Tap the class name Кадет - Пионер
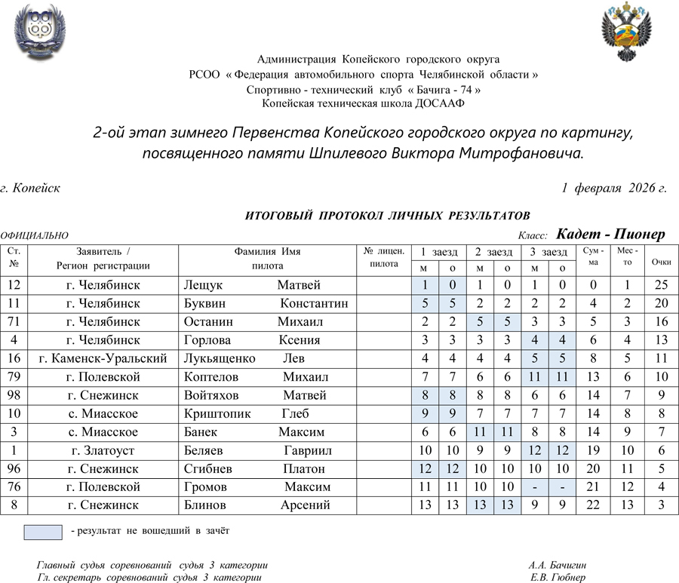point(610,235)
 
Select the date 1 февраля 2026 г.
point(614,188)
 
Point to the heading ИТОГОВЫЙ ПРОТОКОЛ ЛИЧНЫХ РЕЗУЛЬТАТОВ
point(388,216)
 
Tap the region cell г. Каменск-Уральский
point(103,358)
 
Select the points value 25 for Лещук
point(662,285)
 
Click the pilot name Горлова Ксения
point(252,340)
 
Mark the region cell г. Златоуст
point(103,450)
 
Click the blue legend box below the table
point(42,532)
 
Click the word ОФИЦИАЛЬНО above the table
point(35,236)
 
